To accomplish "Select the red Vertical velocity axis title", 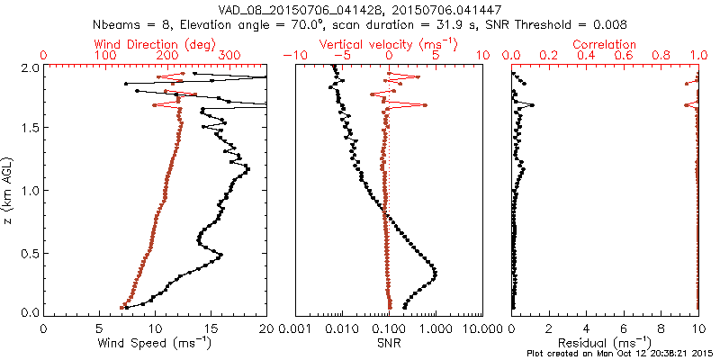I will [389, 44].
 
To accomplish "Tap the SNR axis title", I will [389, 342].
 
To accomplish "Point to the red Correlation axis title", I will [605, 44].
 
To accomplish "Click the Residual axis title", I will [605, 342].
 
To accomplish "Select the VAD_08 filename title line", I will [360, 8].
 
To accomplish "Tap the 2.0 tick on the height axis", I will [31, 67].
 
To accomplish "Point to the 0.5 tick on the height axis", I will [31, 252].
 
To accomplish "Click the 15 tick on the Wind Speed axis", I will [211, 328].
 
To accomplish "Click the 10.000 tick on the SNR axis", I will [481, 328].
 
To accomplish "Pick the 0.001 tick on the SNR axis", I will [295, 328].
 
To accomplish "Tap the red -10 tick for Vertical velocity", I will [293, 56].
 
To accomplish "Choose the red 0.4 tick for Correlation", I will [587, 56].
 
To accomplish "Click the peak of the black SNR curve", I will [435, 272].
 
